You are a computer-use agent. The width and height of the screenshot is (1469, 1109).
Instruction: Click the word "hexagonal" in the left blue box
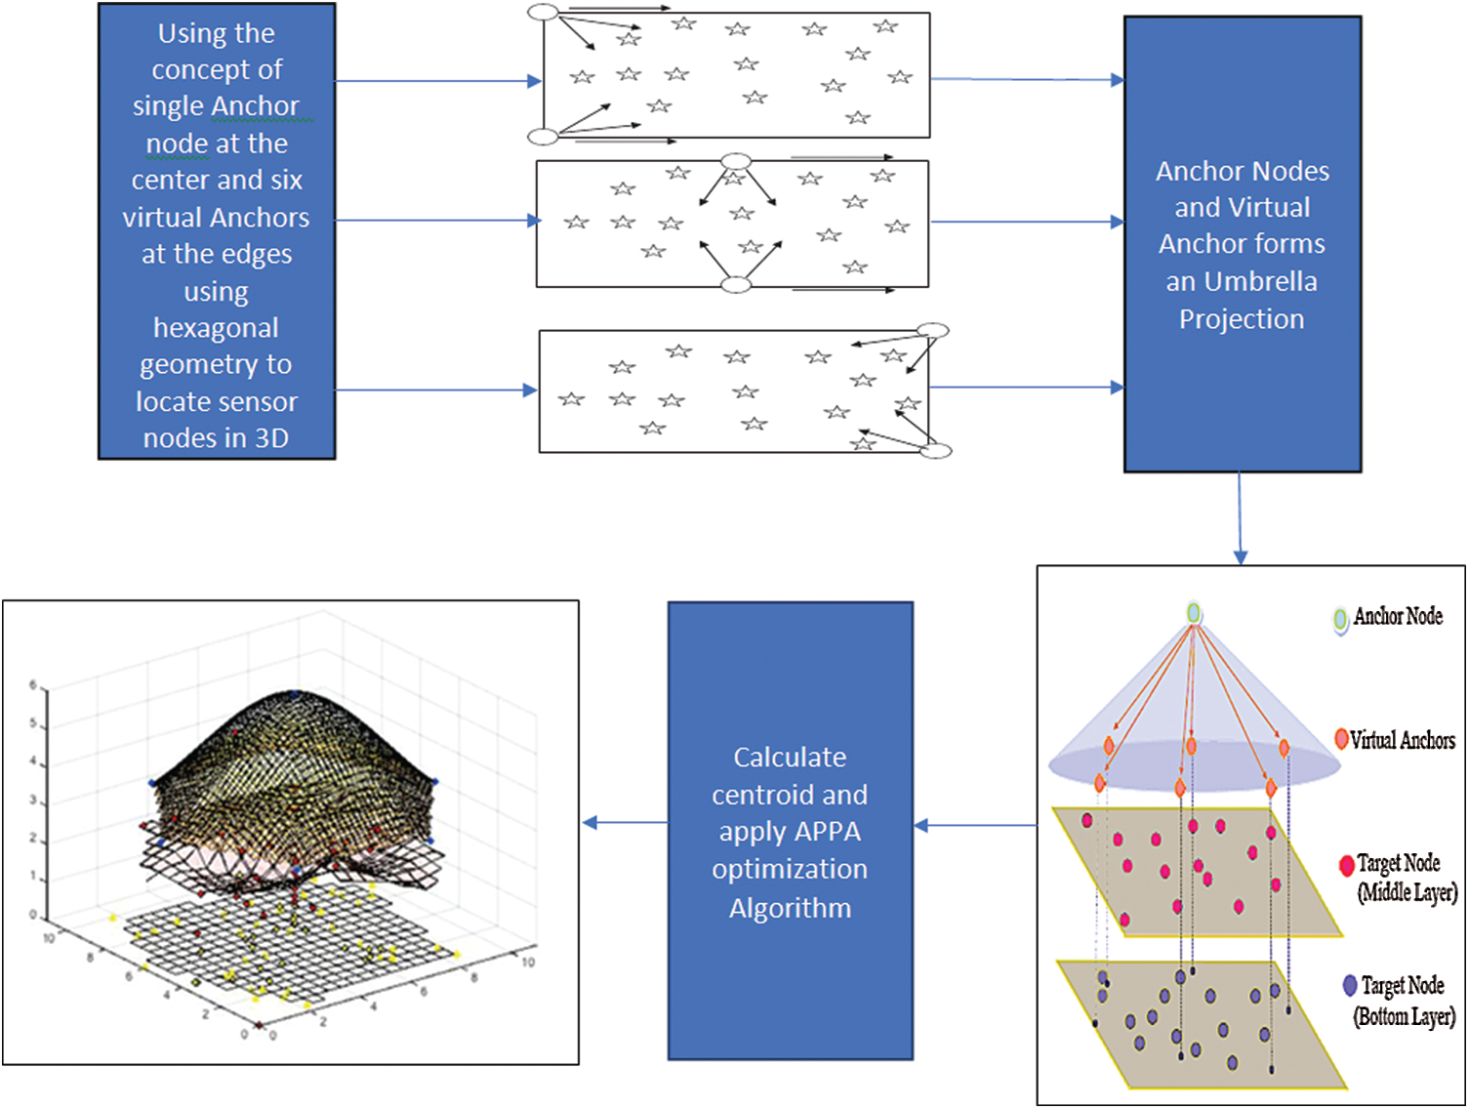pos(216,328)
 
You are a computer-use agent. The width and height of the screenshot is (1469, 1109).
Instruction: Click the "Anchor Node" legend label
pos(1398,617)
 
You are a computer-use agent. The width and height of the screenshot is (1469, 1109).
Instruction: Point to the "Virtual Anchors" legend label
pos(1403,741)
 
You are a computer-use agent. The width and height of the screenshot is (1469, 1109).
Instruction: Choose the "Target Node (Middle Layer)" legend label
pos(1407,878)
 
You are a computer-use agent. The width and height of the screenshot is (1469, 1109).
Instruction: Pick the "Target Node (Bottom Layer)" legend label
pos(1404,1001)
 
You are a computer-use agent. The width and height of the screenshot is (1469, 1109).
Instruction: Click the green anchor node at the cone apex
pos(1193,613)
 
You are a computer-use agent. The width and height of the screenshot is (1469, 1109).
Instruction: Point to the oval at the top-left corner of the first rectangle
pos(543,13)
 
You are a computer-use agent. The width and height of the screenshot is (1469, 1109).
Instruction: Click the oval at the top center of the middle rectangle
pos(735,161)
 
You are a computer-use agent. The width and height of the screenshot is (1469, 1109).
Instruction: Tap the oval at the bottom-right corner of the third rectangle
pos(936,450)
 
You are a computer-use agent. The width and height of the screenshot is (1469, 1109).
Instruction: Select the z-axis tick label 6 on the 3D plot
pos(32,685)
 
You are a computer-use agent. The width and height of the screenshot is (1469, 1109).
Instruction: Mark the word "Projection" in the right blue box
pos(1242,319)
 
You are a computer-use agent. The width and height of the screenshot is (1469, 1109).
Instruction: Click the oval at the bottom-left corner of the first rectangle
pos(543,137)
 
